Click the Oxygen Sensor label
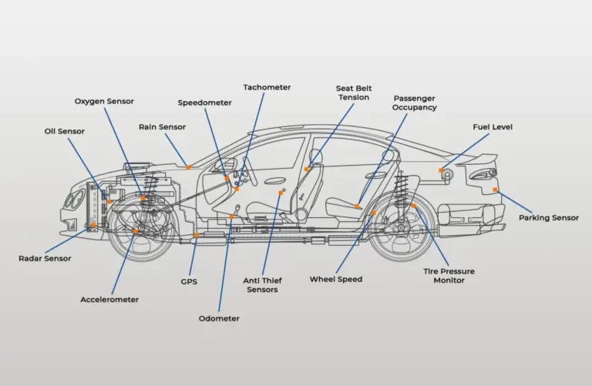click(x=104, y=102)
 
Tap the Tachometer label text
click(x=267, y=87)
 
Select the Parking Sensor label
click(x=549, y=218)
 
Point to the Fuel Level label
click(x=493, y=127)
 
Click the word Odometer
click(x=219, y=318)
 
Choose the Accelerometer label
click(x=109, y=300)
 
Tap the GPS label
click(x=189, y=282)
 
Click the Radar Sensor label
click(x=45, y=258)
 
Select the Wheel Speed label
click(x=336, y=280)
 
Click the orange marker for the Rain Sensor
click(x=188, y=167)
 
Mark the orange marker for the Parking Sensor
click(x=495, y=190)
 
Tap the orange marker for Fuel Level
click(x=441, y=170)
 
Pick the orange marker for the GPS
click(x=196, y=236)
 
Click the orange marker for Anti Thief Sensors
click(x=281, y=193)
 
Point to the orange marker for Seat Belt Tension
click(x=306, y=170)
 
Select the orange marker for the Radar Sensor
click(x=92, y=225)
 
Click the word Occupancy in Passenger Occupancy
click(x=414, y=108)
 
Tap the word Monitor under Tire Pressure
click(x=449, y=280)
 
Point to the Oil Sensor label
click(x=65, y=131)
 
